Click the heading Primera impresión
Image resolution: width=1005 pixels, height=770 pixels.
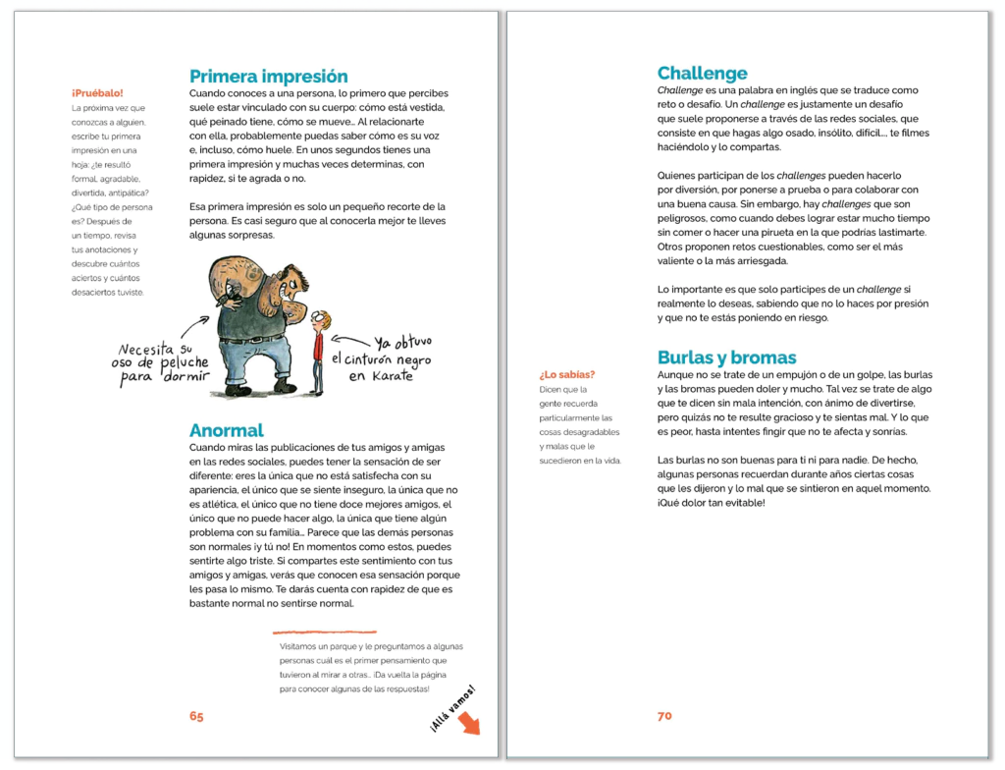coord(268,77)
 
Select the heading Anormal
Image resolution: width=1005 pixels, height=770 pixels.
coord(226,430)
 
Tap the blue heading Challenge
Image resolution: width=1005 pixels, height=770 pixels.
coord(702,74)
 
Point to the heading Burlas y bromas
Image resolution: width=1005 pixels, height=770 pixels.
coord(726,357)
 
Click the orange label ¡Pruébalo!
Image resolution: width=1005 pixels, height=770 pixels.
coord(97,93)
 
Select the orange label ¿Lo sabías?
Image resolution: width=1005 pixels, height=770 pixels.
coord(567,374)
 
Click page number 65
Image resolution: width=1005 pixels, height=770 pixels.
coord(196,716)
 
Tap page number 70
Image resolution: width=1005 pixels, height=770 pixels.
coord(664,716)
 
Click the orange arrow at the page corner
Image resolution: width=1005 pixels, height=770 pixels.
coord(470,724)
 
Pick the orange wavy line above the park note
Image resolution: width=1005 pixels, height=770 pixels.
coord(324,632)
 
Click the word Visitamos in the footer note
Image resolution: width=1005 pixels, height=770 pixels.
coord(300,646)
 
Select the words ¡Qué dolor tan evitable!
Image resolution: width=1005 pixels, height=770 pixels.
coord(710,503)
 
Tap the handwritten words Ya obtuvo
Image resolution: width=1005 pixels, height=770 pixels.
coord(403,343)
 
